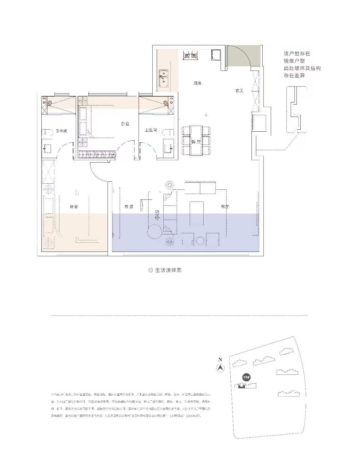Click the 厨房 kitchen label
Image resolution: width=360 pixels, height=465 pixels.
197,83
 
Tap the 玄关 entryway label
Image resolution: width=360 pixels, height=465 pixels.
239,90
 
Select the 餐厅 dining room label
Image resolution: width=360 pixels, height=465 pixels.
196,142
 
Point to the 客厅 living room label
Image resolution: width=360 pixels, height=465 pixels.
225,207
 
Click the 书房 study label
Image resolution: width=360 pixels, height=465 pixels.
129,207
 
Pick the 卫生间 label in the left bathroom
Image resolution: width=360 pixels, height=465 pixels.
61,131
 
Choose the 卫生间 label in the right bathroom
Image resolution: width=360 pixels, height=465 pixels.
151,130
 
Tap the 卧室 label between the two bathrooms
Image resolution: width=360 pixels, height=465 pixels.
125,124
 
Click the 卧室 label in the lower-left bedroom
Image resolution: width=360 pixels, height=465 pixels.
74,207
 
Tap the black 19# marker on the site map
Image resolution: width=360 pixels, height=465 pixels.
246,377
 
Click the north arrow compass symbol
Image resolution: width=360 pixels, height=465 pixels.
220,368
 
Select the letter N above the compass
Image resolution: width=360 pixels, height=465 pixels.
220,359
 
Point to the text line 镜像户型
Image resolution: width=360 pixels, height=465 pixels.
294,61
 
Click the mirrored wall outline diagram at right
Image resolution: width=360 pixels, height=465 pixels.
296,110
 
